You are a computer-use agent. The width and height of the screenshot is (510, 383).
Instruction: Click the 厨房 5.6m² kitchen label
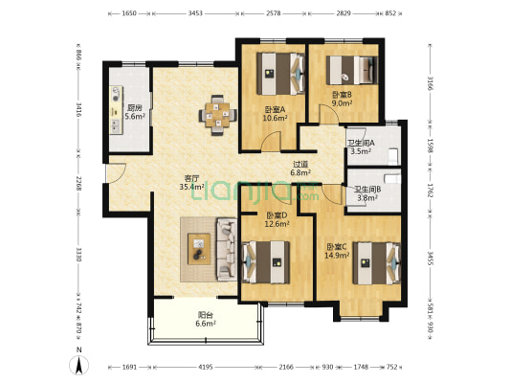(135, 112)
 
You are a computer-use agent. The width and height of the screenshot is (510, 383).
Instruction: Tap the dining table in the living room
(217, 115)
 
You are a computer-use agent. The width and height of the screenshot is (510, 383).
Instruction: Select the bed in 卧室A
(280, 74)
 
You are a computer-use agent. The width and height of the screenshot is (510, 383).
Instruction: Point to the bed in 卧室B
(352, 70)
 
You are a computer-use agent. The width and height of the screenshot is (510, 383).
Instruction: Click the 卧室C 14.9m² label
(337, 251)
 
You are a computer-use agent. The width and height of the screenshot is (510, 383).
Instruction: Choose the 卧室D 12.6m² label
(277, 219)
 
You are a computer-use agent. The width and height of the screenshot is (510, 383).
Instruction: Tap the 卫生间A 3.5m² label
(361, 147)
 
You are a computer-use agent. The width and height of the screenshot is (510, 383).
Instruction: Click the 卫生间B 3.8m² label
(367, 193)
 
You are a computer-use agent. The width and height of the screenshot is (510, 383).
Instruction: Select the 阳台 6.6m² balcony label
(206, 319)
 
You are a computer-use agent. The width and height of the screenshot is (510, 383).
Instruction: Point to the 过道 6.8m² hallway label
(299, 169)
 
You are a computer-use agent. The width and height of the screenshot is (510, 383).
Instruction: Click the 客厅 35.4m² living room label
(191, 183)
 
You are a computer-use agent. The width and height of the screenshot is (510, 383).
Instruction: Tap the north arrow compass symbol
(78, 365)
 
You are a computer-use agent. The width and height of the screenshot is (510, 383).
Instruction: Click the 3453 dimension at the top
(195, 13)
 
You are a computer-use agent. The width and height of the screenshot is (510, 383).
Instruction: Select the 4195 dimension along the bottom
(205, 367)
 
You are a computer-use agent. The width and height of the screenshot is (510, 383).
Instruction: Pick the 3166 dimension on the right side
(430, 83)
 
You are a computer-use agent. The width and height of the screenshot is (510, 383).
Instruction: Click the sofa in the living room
(227, 249)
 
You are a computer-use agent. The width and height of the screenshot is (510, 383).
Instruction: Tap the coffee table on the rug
(199, 249)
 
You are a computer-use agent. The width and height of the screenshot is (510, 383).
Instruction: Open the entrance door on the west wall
(116, 172)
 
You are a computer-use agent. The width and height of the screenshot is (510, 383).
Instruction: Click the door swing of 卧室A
(272, 141)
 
